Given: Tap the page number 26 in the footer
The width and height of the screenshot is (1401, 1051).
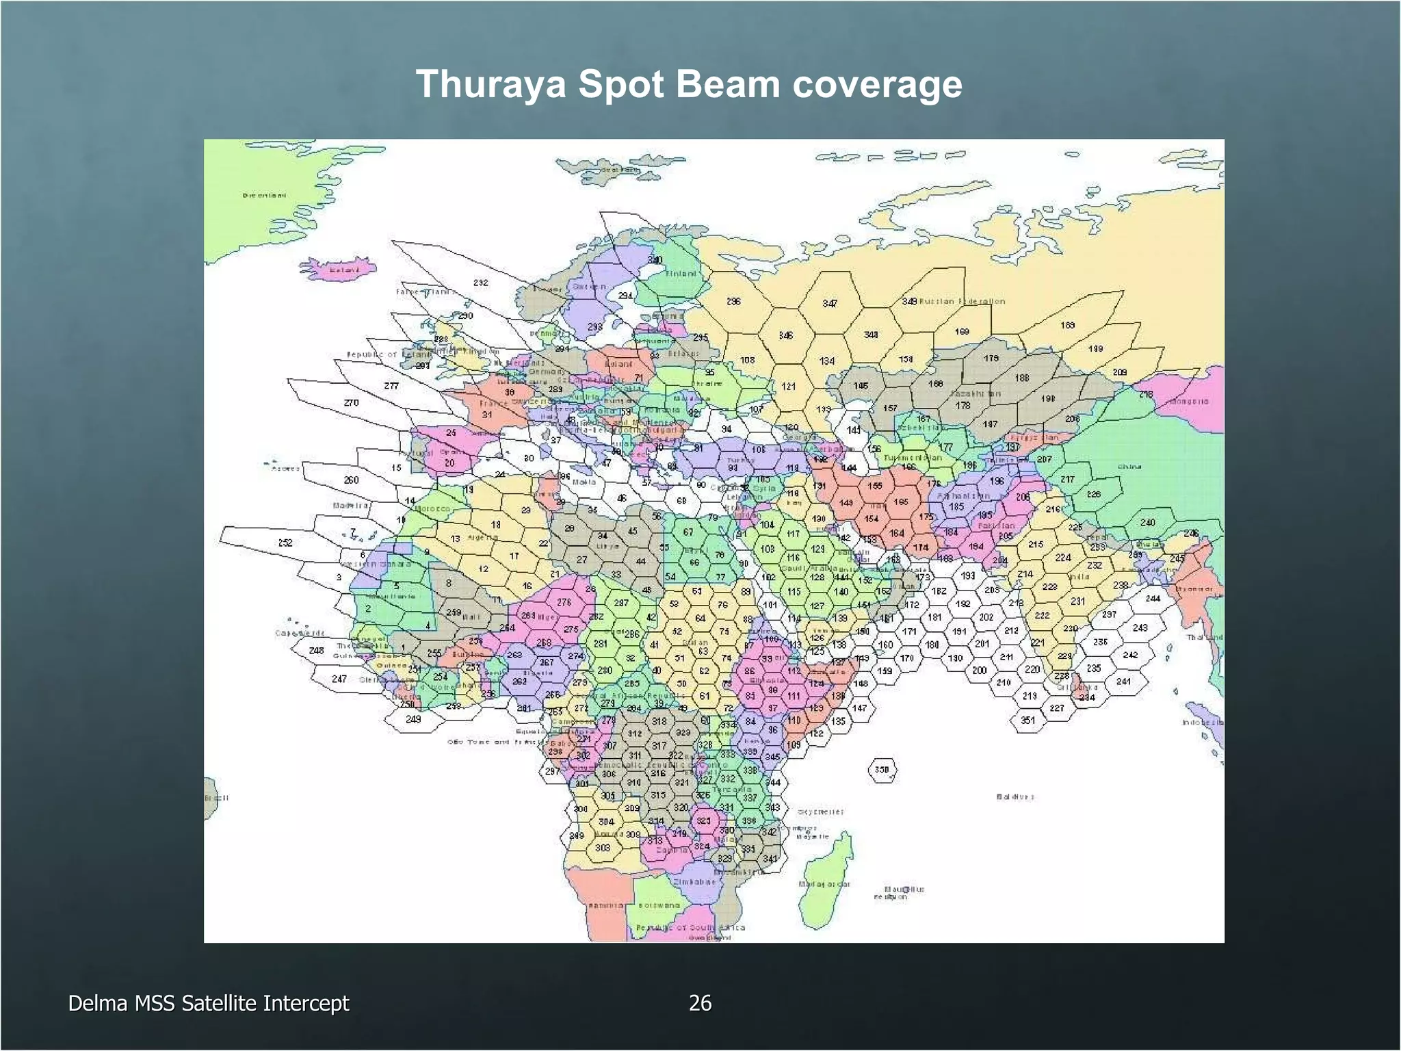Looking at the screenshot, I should coord(700,1003).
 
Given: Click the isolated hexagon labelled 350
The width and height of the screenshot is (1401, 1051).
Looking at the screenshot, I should coord(882,770).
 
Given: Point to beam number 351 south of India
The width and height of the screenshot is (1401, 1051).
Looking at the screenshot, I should coord(1027,721).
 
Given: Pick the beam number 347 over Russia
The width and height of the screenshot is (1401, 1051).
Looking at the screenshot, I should coord(830,303).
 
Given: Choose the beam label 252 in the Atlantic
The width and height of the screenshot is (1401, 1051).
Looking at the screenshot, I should coord(285,543).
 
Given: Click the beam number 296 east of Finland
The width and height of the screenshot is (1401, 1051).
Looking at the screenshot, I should coord(733,301).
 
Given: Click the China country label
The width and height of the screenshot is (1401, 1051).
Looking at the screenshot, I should coord(1129,467).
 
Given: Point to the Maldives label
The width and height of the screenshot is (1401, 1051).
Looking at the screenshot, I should coord(1015,796).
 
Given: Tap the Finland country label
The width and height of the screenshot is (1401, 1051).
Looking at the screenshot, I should coord(681,274).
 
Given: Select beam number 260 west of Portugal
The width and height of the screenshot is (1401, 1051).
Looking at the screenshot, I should coord(351,480).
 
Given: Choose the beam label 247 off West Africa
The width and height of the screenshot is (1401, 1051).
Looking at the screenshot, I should coord(339,679).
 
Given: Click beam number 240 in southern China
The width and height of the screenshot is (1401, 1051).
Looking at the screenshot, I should coord(1148,522).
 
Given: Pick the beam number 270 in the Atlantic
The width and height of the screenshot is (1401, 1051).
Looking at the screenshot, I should coord(351,402).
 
